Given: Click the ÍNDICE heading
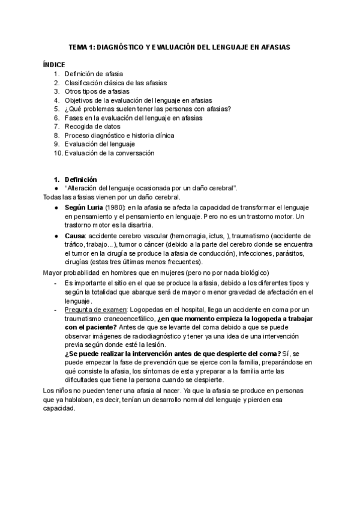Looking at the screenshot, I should tap(55, 64).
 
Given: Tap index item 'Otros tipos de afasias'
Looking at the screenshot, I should tap(97, 91).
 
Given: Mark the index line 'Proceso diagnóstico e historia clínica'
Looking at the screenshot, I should tap(120, 136).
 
